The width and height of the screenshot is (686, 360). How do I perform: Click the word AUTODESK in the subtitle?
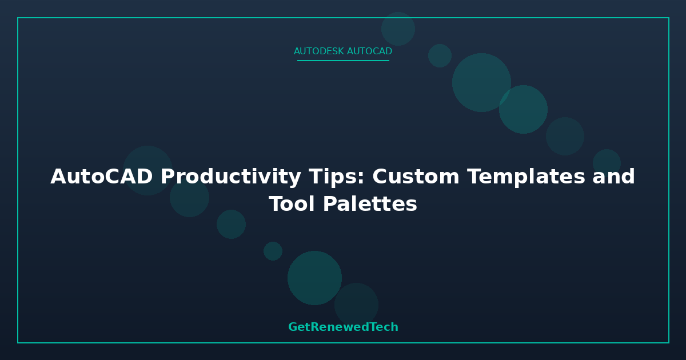pyautogui.click(x=319, y=51)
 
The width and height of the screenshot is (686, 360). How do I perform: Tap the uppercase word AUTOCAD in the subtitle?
pyautogui.click(x=370, y=51)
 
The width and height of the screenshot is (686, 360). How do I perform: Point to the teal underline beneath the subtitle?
pyautogui.click(x=343, y=61)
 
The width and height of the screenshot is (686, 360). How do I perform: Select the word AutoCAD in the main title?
pyautogui.click(x=101, y=177)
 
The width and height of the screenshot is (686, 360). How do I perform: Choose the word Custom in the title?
pyautogui.click(x=416, y=177)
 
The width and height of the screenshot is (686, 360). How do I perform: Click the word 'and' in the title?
pyautogui.click(x=614, y=177)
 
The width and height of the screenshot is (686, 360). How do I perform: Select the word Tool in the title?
pyautogui.click(x=292, y=204)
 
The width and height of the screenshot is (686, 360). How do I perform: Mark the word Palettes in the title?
pyautogui.click(x=370, y=204)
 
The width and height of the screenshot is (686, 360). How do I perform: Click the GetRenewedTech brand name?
pyautogui.click(x=344, y=327)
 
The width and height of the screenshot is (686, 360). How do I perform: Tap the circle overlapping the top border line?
pyautogui.click(x=398, y=29)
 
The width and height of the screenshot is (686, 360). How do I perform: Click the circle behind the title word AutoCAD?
pyautogui.click(x=147, y=170)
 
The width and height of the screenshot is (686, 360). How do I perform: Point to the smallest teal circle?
pyautogui.click(x=273, y=251)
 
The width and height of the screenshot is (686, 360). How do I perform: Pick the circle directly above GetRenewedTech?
pyautogui.click(x=356, y=305)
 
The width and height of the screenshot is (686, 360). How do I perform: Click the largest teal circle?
pyautogui.click(x=481, y=82)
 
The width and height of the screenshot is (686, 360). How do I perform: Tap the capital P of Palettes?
pyautogui.click(x=330, y=204)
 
